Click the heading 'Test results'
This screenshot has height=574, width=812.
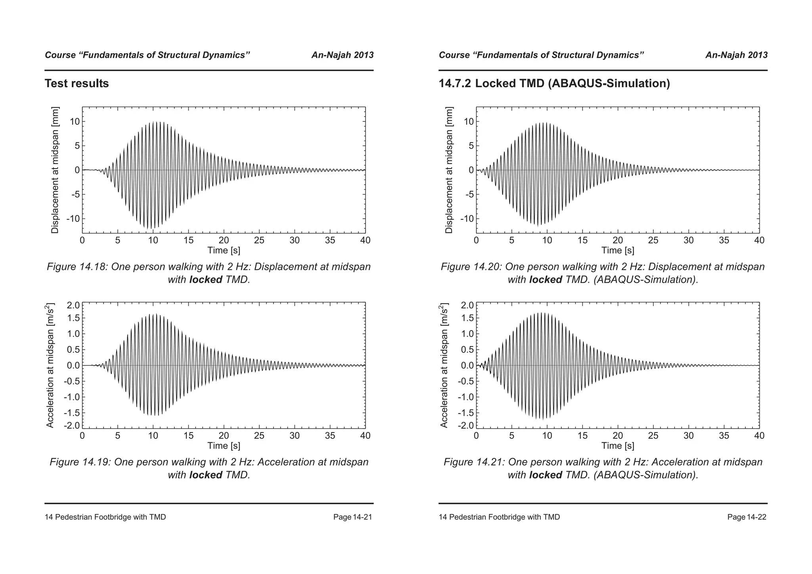click(x=77, y=84)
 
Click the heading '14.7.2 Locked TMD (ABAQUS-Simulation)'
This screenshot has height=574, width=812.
click(x=554, y=84)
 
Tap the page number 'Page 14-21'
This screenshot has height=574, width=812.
click(x=352, y=517)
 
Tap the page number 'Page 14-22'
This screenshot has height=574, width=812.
click(x=747, y=517)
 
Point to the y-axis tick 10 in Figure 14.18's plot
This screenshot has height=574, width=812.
click(x=75, y=122)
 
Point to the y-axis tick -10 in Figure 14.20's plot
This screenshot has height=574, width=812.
click(x=467, y=219)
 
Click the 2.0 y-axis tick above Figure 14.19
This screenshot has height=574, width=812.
click(x=73, y=305)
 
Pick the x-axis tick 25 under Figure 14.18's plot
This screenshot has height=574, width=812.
click(x=259, y=240)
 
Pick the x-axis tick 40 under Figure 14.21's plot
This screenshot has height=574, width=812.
click(x=759, y=436)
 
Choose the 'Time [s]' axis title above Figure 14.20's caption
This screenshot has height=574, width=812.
click(x=617, y=251)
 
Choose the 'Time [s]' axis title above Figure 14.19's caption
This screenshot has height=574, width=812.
click(x=224, y=446)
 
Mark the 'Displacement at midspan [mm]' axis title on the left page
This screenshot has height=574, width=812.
click(x=55, y=170)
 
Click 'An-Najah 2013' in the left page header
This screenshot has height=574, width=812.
click(x=342, y=55)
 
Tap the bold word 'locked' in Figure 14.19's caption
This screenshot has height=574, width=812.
click(x=205, y=475)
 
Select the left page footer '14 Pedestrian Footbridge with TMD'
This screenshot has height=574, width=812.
click(x=105, y=517)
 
